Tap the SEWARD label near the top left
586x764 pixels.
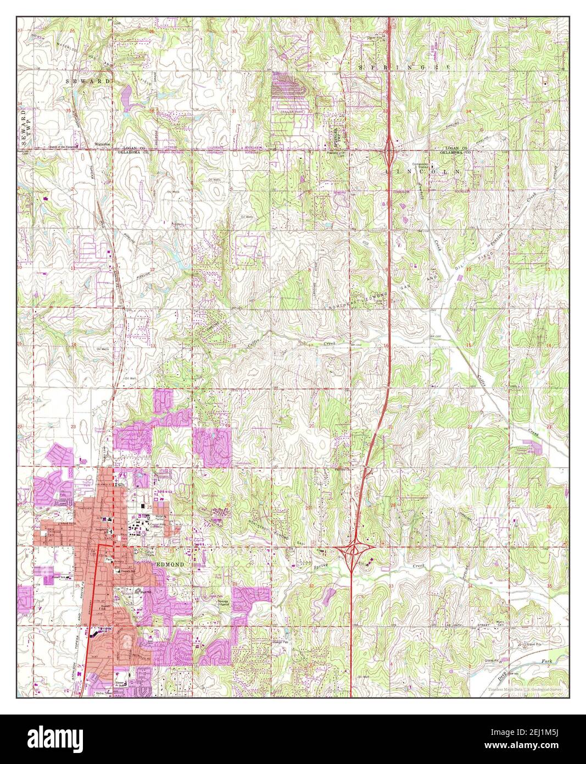click(x=96, y=81)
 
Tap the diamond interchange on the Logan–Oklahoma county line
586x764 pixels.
click(x=389, y=148)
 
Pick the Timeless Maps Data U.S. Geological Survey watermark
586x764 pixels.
click(x=528, y=690)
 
